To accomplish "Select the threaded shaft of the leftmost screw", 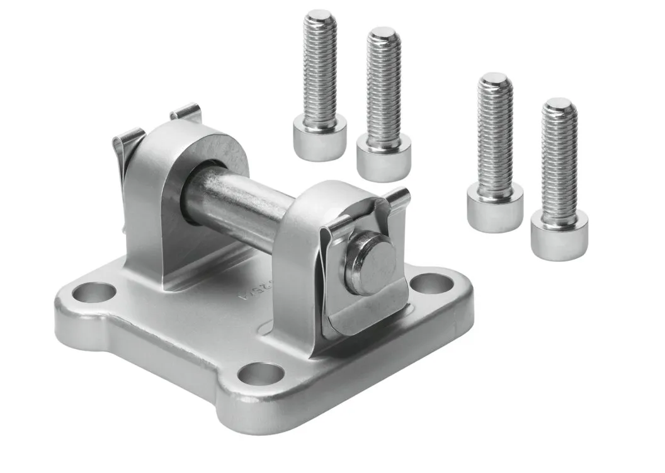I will point(319,69).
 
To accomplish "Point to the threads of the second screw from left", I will point(384,88).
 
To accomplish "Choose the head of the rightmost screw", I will point(559,234).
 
